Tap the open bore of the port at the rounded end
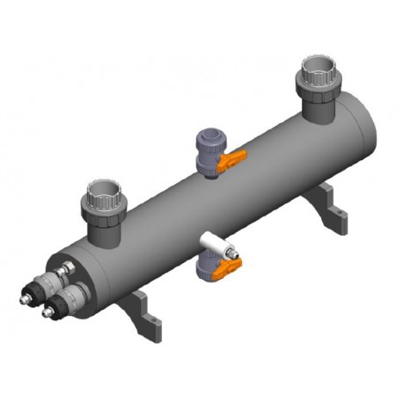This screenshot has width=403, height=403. coord(318,66)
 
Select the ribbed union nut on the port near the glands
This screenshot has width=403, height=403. coord(105,208)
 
